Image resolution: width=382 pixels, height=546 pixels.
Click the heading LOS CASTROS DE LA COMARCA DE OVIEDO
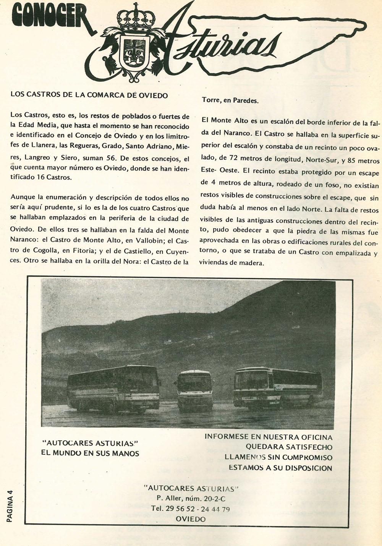(89, 95)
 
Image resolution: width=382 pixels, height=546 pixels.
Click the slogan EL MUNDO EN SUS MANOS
(90, 454)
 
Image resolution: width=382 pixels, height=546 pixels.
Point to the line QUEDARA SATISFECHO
(289, 447)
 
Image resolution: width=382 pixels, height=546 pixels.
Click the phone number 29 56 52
(180, 509)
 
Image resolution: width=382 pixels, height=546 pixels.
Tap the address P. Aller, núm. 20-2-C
(191, 498)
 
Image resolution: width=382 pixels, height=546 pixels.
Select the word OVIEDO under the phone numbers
(191, 519)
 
